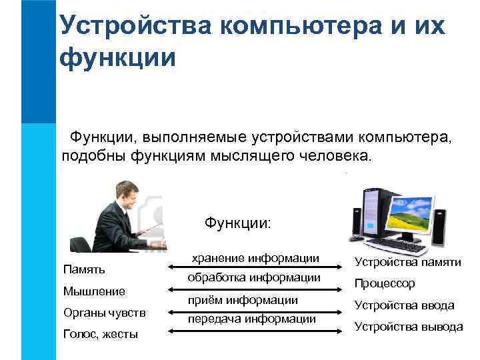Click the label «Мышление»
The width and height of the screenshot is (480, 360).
coord(93,291)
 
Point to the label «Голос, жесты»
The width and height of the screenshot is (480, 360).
coord(100,334)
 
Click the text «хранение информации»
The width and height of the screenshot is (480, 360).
coord(256,257)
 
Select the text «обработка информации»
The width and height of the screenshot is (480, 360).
coord(254,277)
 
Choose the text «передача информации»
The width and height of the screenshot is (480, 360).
coord(251,319)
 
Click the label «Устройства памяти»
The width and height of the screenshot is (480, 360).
coord(407,262)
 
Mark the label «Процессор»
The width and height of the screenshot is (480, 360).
coord(385,283)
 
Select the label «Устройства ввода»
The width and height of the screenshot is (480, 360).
coord(404,305)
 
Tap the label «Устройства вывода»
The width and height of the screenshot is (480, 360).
coord(408,327)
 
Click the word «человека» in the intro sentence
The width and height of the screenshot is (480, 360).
coord(330,155)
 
